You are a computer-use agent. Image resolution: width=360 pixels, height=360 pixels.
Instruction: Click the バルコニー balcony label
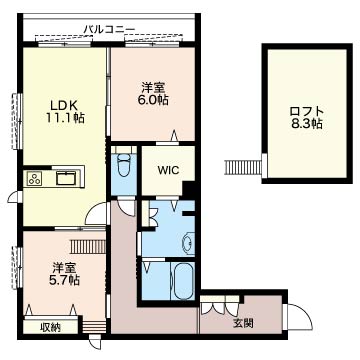109,30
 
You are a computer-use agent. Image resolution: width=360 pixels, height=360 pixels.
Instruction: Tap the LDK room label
65,105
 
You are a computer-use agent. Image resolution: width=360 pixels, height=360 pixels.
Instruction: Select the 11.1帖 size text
65,118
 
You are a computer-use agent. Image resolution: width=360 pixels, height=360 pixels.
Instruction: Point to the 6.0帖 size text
153,100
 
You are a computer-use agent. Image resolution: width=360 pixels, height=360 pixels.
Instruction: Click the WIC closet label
169,170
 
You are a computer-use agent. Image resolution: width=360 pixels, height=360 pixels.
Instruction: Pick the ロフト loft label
307,111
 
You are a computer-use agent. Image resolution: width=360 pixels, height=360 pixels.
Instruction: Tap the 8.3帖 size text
307,124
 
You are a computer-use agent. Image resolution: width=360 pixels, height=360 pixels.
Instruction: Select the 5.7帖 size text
65,280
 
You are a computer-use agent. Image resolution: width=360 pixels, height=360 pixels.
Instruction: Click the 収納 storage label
51,328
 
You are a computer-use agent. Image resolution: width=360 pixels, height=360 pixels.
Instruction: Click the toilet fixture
124,164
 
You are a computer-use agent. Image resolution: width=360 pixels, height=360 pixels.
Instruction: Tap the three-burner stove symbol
35,178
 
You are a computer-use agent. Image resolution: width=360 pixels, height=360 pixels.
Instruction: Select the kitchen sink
67,178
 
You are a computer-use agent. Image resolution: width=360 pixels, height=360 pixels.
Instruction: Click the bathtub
183,280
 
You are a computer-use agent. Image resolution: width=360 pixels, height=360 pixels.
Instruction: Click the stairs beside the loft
244,167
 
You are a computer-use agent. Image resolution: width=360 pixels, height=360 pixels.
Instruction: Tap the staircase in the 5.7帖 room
88,247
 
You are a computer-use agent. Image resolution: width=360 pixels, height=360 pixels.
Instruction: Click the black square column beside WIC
189,188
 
